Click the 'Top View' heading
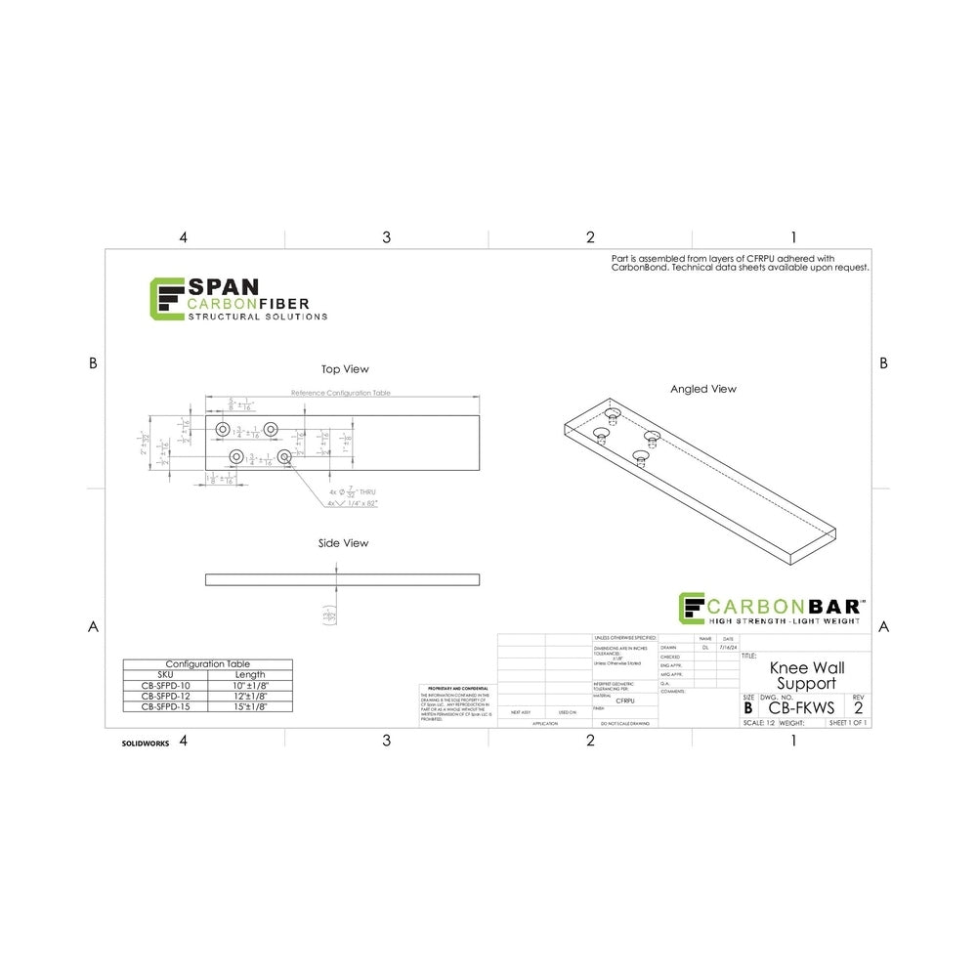345,369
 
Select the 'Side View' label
343,543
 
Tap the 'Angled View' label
702,389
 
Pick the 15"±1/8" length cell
250,705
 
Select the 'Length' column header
250,674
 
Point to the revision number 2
858,707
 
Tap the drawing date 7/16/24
726,647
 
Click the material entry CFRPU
626,701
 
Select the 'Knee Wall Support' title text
807,675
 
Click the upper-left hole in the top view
223,430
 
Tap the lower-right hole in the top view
283,456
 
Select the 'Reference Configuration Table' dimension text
341,392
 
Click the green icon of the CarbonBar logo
693,608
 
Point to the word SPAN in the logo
223,286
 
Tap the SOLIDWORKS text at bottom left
146,743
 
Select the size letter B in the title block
748,707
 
